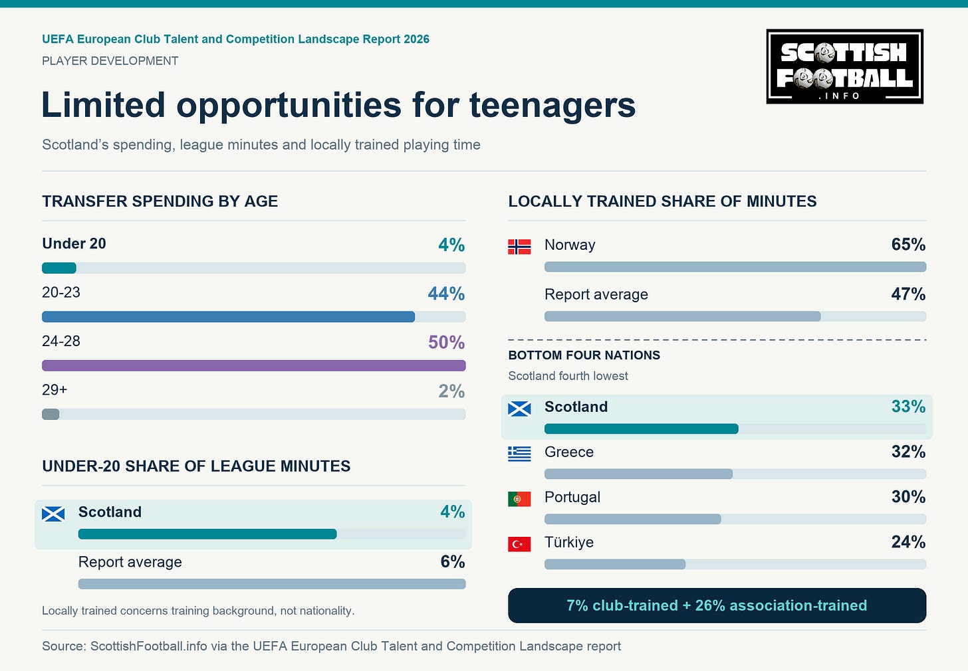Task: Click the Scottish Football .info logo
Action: pos(845,66)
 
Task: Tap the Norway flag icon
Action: pos(519,246)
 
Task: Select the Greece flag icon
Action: pos(519,454)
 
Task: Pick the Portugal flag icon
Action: pos(519,499)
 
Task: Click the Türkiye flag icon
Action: pos(519,544)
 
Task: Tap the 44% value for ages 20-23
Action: pos(446,294)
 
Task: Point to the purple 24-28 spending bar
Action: pos(254,365)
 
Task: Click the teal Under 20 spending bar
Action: pos(59,268)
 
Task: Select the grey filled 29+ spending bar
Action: pos(51,414)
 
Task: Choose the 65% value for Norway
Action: pos(908,244)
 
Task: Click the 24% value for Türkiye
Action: pos(908,542)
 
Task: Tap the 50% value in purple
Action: pos(446,342)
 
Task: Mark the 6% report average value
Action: pos(453,562)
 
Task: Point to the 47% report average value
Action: pos(908,294)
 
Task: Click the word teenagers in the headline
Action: pos(552,106)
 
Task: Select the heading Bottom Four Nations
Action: pos(584,355)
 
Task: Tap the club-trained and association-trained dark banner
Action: pos(717,605)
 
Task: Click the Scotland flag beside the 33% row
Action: pos(519,409)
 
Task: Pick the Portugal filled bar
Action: pos(633,519)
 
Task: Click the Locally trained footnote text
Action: pos(198,611)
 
